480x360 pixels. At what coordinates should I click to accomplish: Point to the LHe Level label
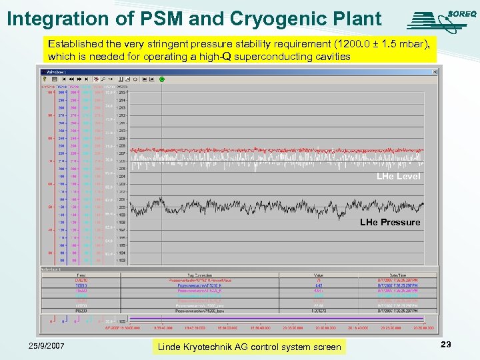(x=398, y=177)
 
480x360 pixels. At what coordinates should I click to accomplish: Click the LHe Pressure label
(x=390, y=222)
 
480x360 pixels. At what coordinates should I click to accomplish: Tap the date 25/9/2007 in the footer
(x=47, y=346)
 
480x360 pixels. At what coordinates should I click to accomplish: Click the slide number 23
(x=446, y=344)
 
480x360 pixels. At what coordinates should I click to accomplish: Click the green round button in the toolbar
(x=161, y=79)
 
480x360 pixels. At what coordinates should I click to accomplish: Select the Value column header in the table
(x=319, y=275)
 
